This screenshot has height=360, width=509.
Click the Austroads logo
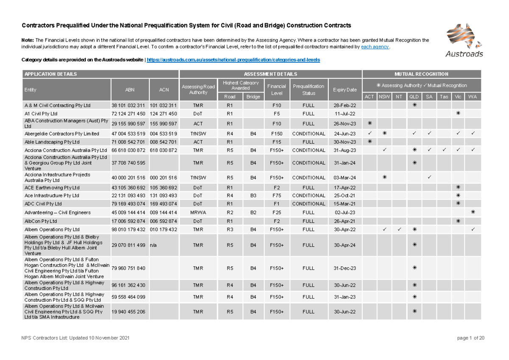[x=464, y=40]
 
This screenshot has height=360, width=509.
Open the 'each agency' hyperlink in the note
[x=375, y=47]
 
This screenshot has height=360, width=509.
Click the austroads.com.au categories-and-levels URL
[x=233, y=60]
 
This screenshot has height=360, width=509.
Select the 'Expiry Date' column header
[x=345, y=90]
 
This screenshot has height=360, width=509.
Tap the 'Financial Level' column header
[x=277, y=89]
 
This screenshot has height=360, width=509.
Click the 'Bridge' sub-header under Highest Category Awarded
[x=253, y=97]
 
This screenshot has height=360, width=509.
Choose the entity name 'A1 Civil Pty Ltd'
[x=41, y=114]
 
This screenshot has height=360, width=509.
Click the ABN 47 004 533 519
[x=129, y=134]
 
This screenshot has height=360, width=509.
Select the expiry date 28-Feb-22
[x=345, y=105]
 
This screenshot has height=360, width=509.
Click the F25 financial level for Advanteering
[x=277, y=212]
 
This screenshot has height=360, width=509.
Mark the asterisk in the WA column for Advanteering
[x=473, y=212]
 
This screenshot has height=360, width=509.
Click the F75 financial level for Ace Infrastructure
[x=277, y=195]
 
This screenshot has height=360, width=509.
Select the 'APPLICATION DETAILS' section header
[x=51, y=74]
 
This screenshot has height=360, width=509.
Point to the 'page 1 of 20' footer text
[x=471, y=338]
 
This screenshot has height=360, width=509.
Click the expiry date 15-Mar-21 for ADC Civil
[x=345, y=204]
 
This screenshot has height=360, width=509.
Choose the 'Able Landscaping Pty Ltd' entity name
[x=52, y=142]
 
